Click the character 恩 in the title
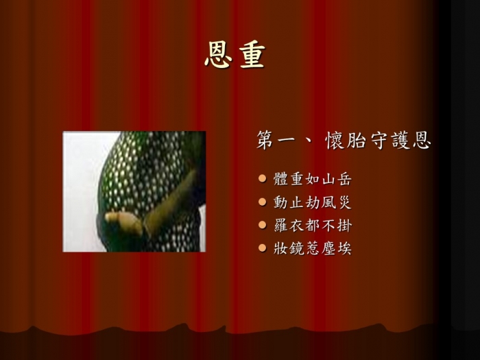click(x=218, y=54)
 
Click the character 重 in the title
click(x=252, y=54)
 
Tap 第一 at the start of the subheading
click(x=276, y=141)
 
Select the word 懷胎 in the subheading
click(x=346, y=141)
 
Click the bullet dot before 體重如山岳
click(x=263, y=178)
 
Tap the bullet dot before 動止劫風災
click(x=263, y=202)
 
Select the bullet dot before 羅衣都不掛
click(x=263, y=225)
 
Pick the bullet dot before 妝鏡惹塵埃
click(x=263, y=248)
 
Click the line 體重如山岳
click(x=313, y=179)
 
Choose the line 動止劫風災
click(x=313, y=202)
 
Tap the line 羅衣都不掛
click(x=313, y=226)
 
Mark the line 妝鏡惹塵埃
click(x=313, y=248)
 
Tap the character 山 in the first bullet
click(x=328, y=179)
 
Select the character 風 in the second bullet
click(x=328, y=202)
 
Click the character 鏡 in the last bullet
click(x=297, y=248)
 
